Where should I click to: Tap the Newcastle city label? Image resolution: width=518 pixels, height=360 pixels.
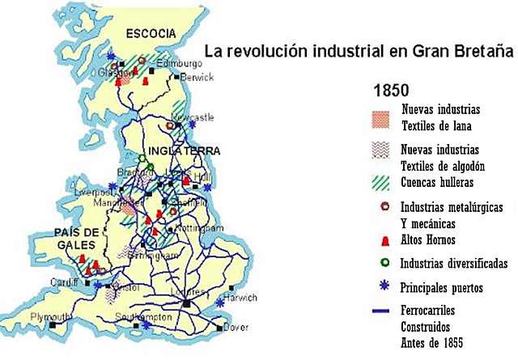point(197,117)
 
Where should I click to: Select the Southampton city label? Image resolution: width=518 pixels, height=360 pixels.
point(143,316)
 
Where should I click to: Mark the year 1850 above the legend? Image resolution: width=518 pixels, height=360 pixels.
point(389,90)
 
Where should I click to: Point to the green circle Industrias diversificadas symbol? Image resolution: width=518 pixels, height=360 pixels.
point(385,262)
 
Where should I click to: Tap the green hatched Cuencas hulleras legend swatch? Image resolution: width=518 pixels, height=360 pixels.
point(384,181)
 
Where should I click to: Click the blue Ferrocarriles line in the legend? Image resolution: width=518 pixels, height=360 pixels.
point(384,310)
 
